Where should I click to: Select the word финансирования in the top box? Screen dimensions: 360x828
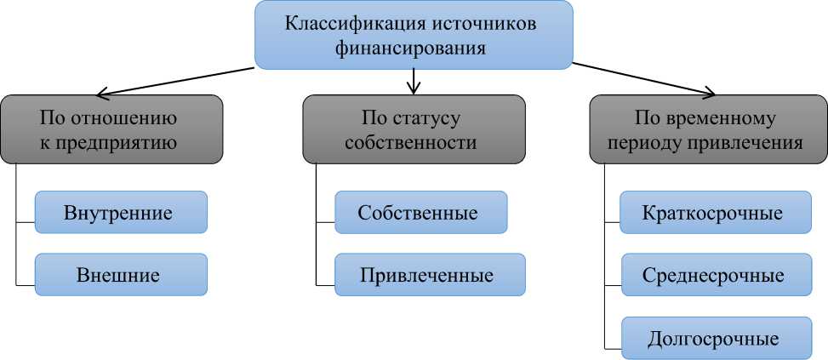coord(414,49)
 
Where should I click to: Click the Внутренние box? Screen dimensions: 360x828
coord(120,212)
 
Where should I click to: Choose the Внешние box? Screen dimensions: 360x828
coord(120,275)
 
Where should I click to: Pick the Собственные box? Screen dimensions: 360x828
coord(420,212)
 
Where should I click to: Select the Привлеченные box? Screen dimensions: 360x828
coord(429,275)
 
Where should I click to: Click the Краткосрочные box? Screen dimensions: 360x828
coord(713,212)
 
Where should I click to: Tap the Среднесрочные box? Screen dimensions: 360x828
coord(713,275)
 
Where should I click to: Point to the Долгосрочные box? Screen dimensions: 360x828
coord(713,338)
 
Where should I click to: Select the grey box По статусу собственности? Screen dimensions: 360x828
coord(414,129)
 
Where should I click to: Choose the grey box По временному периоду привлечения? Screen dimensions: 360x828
coord(708,129)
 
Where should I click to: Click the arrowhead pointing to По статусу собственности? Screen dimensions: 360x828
coord(414,88)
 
